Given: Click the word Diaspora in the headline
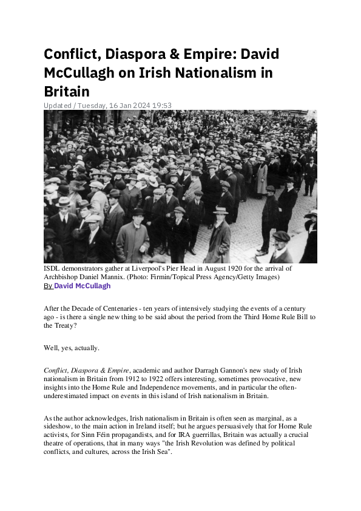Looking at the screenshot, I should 126,54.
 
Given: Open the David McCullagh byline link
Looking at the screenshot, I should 83,286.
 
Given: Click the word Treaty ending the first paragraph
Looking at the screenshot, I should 56,325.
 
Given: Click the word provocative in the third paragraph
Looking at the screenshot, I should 275,379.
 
